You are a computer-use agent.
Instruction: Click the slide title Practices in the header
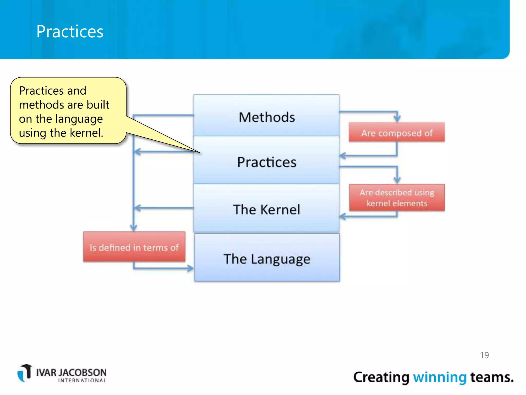click(70, 31)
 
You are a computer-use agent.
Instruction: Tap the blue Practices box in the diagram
click(266, 162)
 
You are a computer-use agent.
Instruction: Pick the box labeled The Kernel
click(266, 209)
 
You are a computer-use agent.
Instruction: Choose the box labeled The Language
click(267, 258)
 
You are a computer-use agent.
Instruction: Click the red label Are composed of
click(397, 133)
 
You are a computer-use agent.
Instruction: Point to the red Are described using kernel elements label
click(397, 198)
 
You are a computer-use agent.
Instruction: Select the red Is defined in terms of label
click(134, 247)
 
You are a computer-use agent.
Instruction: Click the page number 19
click(484, 355)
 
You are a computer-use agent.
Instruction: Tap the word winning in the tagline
click(439, 377)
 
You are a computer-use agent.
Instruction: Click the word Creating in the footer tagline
click(381, 377)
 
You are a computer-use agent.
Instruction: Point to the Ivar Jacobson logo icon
click(25, 373)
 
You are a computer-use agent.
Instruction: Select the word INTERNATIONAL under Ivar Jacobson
click(82, 380)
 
